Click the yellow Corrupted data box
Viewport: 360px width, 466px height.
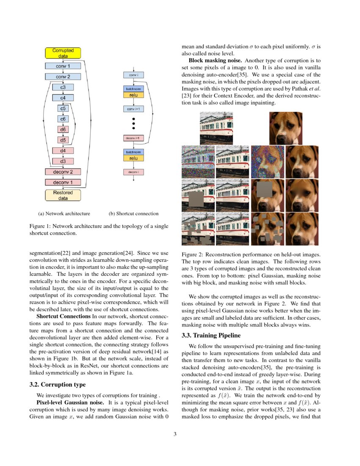[63, 53]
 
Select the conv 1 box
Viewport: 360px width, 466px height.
[63, 66]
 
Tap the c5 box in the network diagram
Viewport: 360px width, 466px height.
[63, 108]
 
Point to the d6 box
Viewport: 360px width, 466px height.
[63, 130]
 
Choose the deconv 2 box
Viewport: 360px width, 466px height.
[63, 172]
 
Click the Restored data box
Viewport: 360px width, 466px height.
[63, 195]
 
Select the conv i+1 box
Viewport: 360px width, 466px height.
[133, 109]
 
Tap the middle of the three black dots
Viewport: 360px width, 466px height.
[133, 123]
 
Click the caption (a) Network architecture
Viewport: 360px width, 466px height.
[63, 214]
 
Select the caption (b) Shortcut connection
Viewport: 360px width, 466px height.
[133, 214]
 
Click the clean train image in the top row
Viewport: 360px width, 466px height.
[216, 128]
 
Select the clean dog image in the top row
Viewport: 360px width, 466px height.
[285, 128]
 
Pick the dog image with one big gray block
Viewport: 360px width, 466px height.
[268, 195]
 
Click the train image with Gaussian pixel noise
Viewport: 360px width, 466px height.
[198, 161]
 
